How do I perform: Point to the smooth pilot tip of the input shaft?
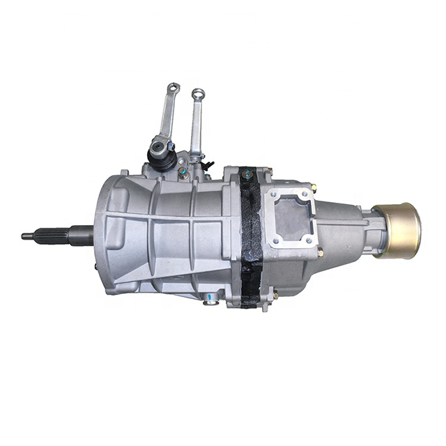[28, 236]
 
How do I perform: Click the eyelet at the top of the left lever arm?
[172, 89]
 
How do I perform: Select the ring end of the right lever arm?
[198, 94]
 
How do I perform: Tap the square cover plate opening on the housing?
[291, 216]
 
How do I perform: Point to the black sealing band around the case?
[251, 237]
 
